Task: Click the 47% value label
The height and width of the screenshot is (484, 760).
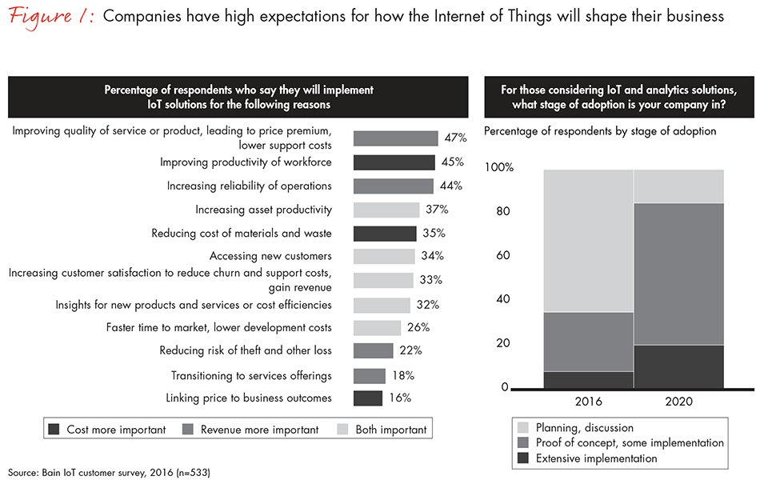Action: point(456,138)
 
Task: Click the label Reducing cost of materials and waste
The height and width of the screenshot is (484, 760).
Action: point(242,234)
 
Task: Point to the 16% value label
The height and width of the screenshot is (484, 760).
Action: point(400,398)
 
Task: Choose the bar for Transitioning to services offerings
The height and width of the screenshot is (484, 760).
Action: point(369,375)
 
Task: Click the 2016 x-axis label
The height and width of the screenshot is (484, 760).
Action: point(588,402)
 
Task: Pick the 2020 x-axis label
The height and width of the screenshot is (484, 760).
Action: point(678,402)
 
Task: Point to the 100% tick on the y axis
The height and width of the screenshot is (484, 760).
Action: point(499,168)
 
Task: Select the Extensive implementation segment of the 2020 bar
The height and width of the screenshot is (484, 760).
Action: point(678,366)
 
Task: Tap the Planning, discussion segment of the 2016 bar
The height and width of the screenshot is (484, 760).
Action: point(588,240)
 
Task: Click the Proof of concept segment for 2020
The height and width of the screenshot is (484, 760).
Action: point(678,274)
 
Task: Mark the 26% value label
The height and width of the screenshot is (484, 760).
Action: point(418,327)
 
